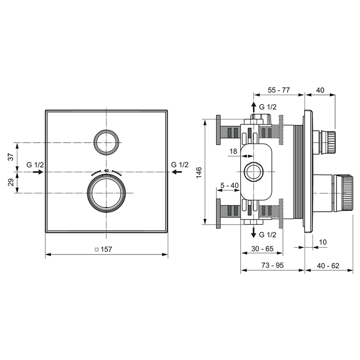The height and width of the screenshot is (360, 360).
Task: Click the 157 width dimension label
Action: (x=106, y=249)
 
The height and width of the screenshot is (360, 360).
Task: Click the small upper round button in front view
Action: (x=106, y=141)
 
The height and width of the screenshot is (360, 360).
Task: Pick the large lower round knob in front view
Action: (x=106, y=194)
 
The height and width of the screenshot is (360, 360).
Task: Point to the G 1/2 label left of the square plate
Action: (x=35, y=164)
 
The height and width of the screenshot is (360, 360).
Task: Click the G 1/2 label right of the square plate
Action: (x=180, y=164)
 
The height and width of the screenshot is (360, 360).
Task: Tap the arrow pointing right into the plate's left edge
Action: (x=37, y=172)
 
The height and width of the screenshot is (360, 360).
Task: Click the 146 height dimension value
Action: (x=199, y=172)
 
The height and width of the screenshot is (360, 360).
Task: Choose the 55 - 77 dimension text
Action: (x=278, y=90)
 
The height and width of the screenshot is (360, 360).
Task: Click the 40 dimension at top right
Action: (x=320, y=90)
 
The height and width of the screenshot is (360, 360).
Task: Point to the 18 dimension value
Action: (x=233, y=151)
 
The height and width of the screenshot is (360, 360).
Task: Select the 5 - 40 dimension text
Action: (x=229, y=186)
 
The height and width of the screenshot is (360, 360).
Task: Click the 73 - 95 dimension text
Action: (x=272, y=265)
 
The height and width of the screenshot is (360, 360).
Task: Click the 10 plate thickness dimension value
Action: (x=323, y=242)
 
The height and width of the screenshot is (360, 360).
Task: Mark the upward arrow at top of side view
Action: (x=253, y=106)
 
